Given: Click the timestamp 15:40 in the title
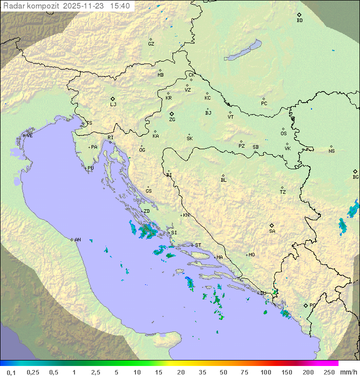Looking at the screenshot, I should tap(120, 6).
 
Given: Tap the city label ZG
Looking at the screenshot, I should tap(172, 120).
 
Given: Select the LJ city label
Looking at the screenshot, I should tap(113, 105).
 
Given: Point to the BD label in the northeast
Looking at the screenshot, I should tap(299, 21).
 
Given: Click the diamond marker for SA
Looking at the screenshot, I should tap(272, 225).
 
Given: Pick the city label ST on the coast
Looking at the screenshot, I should tap(198, 245).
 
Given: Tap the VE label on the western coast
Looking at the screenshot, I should tap(29, 136).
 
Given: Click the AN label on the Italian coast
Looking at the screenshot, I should tap(77, 240).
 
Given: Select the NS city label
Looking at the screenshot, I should tap(331, 151).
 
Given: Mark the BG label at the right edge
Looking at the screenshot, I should tap(355, 177).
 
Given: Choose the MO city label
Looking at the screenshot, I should tap(251, 255).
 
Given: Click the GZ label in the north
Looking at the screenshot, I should tap(151, 44).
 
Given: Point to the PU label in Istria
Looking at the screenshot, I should tap(90, 168).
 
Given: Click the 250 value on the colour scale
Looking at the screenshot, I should tap(328, 372).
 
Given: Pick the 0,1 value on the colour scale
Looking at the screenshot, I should tap(11, 372).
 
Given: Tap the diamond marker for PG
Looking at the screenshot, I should tap(305, 305).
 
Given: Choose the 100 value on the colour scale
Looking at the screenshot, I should tap(265, 372).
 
